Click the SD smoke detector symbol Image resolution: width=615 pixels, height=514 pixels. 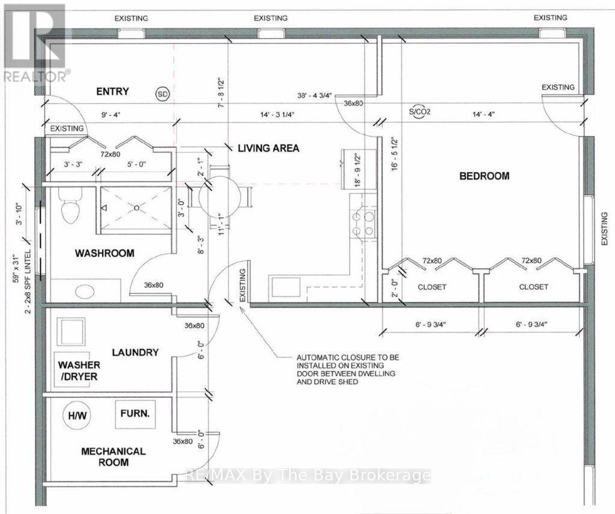coord(163,94)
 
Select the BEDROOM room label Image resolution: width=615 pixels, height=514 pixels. coord(485,176)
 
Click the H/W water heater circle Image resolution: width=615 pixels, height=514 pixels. coord(77,415)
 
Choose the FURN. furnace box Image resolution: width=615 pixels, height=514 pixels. coord(135,414)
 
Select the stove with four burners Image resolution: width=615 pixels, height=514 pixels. coord(363,224)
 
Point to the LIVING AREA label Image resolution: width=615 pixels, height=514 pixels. coord(268,148)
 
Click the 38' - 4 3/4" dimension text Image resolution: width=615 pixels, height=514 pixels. coord(315,95)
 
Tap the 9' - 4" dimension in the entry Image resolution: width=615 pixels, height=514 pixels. coord(108,115)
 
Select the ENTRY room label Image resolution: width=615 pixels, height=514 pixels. coord(112,91)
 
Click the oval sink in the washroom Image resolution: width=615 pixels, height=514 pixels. coord(85,292)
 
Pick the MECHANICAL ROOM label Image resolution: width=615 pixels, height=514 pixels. coord(114,457)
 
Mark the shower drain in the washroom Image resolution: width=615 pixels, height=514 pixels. coord(136,208)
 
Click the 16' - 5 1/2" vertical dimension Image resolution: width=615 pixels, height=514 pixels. coord(395,153)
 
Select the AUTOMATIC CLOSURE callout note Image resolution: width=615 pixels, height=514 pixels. coord(348,370)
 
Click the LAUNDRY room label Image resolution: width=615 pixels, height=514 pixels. coord(135,352)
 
